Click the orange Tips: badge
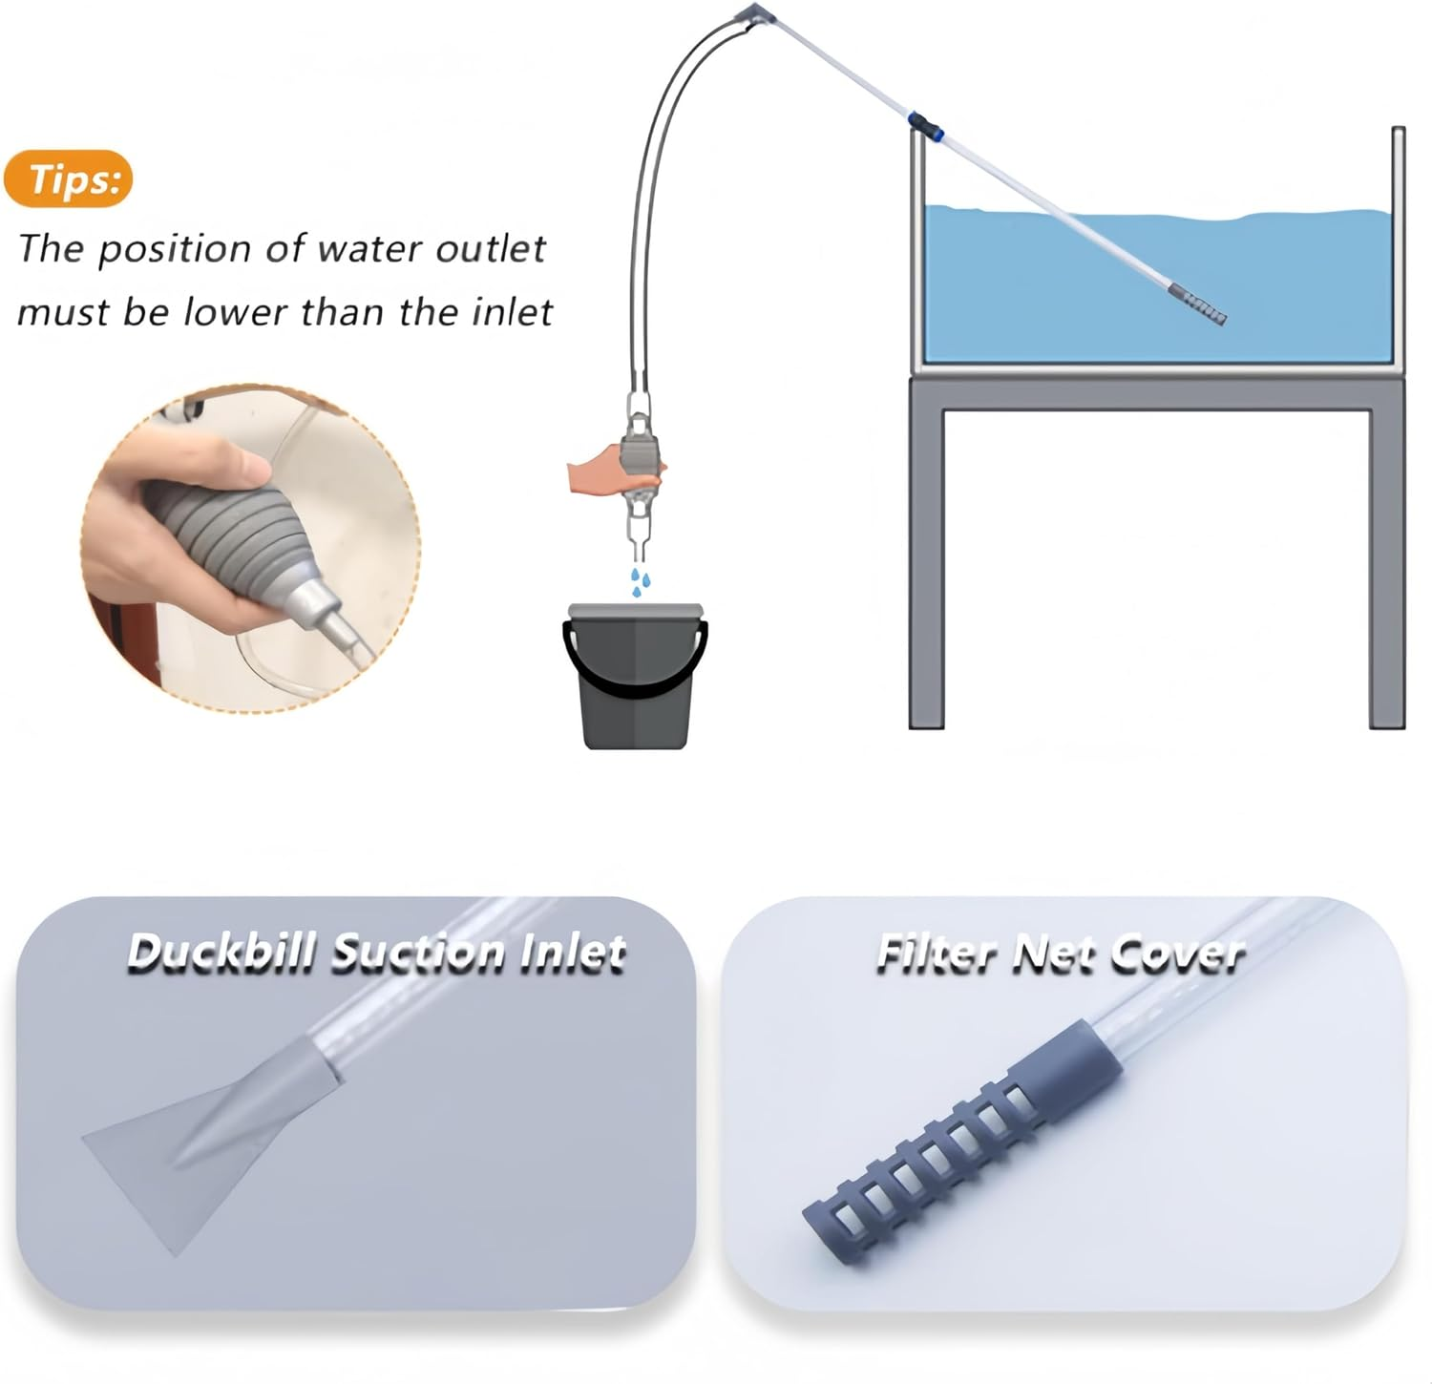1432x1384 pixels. [68, 178]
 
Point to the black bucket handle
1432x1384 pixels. [635, 668]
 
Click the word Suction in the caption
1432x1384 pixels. [418, 954]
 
